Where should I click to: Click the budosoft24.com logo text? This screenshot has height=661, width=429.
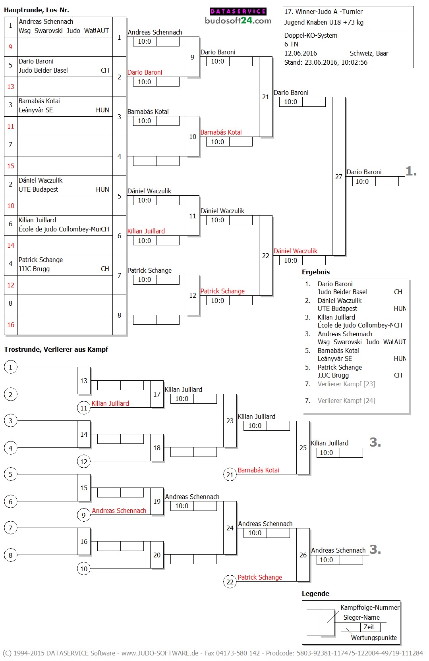click(238, 21)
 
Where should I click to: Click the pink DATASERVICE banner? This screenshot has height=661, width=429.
click(238, 12)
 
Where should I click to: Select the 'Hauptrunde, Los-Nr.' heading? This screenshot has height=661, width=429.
click(37, 10)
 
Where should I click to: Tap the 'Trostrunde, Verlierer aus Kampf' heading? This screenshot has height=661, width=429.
click(56, 349)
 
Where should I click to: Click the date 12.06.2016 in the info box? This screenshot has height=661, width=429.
click(301, 53)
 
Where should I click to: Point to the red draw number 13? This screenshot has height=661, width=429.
click(11, 87)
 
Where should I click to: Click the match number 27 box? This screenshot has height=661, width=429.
click(339, 177)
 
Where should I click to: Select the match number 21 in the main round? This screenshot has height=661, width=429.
click(266, 97)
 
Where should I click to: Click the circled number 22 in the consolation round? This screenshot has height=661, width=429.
click(230, 582)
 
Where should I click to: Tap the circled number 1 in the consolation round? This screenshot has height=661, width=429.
click(11, 367)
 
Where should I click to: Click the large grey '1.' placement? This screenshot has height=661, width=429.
click(411, 172)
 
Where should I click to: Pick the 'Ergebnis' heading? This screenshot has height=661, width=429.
click(316, 272)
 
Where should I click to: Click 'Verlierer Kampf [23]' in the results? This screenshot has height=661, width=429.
click(346, 384)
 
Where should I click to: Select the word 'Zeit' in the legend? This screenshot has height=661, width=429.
click(369, 627)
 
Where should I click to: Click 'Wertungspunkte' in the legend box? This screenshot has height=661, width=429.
click(374, 638)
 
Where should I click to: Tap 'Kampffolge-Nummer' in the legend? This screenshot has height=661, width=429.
click(370, 607)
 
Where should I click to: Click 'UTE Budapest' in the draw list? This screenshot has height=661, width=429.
click(38, 189)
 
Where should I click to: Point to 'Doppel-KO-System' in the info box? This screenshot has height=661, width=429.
click(311, 35)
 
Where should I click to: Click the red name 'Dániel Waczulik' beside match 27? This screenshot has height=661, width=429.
click(296, 251)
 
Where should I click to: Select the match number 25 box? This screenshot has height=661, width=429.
click(303, 448)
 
